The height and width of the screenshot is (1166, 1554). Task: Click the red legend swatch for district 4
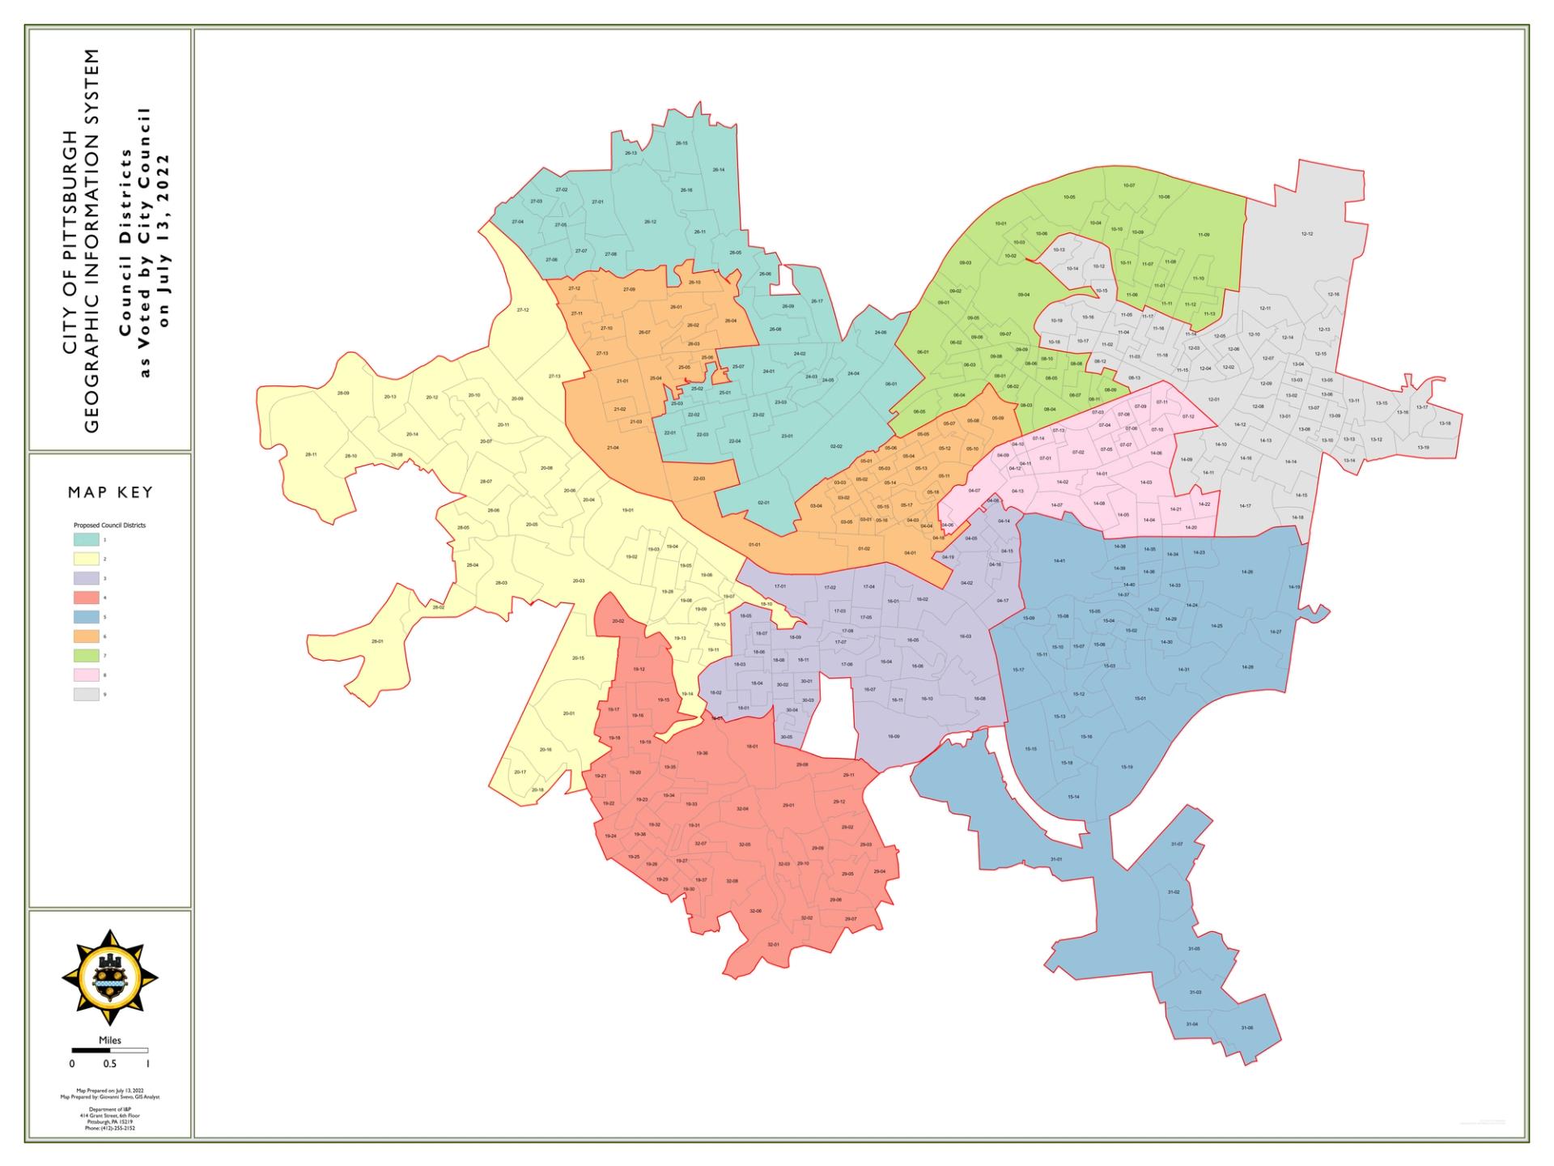87,598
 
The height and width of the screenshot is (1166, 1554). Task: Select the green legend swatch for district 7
87,656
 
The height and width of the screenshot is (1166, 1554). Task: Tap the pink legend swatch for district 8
87,675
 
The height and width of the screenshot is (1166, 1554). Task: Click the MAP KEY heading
110,492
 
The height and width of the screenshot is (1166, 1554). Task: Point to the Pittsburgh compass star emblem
110,978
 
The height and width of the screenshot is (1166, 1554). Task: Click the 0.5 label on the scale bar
109,1063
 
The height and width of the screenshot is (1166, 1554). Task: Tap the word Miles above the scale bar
110,1040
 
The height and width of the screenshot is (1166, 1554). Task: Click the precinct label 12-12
1307,234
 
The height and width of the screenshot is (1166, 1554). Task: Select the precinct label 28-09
343,394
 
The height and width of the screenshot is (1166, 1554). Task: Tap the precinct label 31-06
1246,1028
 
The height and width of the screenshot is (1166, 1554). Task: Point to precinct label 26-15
681,143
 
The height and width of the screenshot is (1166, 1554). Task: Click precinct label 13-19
1423,448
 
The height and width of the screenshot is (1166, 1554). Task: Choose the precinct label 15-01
1140,698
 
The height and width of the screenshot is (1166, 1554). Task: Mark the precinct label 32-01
773,945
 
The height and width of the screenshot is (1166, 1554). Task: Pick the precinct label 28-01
377,641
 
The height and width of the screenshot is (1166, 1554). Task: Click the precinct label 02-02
836,446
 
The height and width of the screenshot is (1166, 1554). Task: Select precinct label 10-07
1129,185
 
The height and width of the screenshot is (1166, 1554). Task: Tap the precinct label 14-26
1247,572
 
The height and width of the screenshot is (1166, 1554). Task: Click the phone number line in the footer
110,1128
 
